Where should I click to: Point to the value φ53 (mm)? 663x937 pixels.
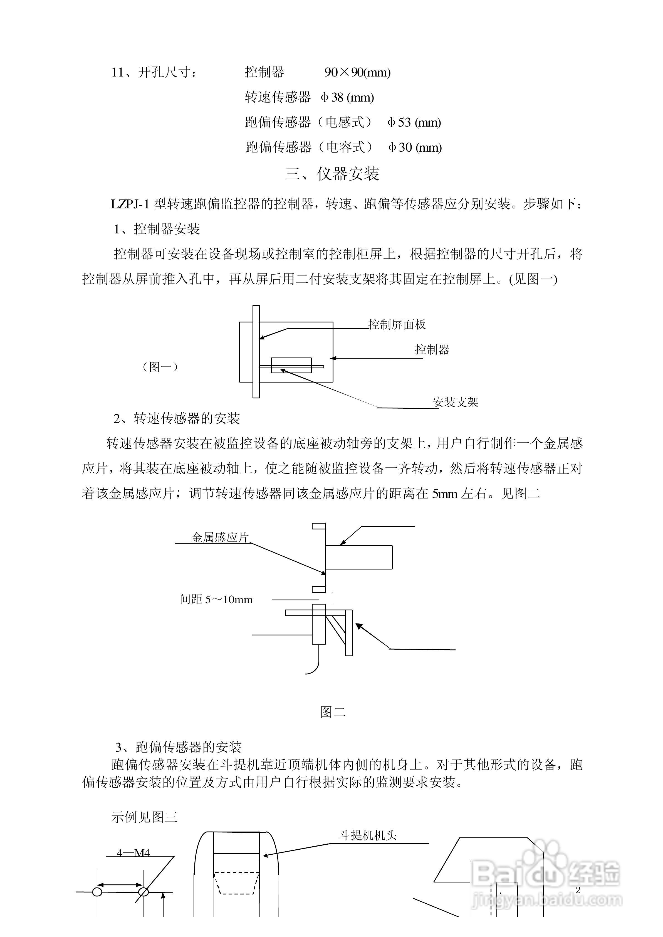click(x=414, y=122)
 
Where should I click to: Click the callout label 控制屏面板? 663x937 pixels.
click(x=397, y=325)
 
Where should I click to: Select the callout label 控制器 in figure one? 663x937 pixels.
click(x=432, y=349)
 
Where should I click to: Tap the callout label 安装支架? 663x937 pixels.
click(x=455, y=403)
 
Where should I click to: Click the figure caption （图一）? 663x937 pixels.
click(x=160, y=367)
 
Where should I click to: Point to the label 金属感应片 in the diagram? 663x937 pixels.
click(x=220, y=537)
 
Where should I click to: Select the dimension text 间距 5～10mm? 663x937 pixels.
click(x=216, y=599)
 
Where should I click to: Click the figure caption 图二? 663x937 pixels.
click(x=333, y=712)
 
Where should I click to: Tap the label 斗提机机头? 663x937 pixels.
click(x=368, y=835)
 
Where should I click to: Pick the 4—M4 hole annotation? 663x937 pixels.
click(x=133, y=853)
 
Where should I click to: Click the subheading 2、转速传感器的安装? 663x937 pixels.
click(x=177, y=418)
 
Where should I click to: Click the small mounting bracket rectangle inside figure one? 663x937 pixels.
click(x=291, y=365)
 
